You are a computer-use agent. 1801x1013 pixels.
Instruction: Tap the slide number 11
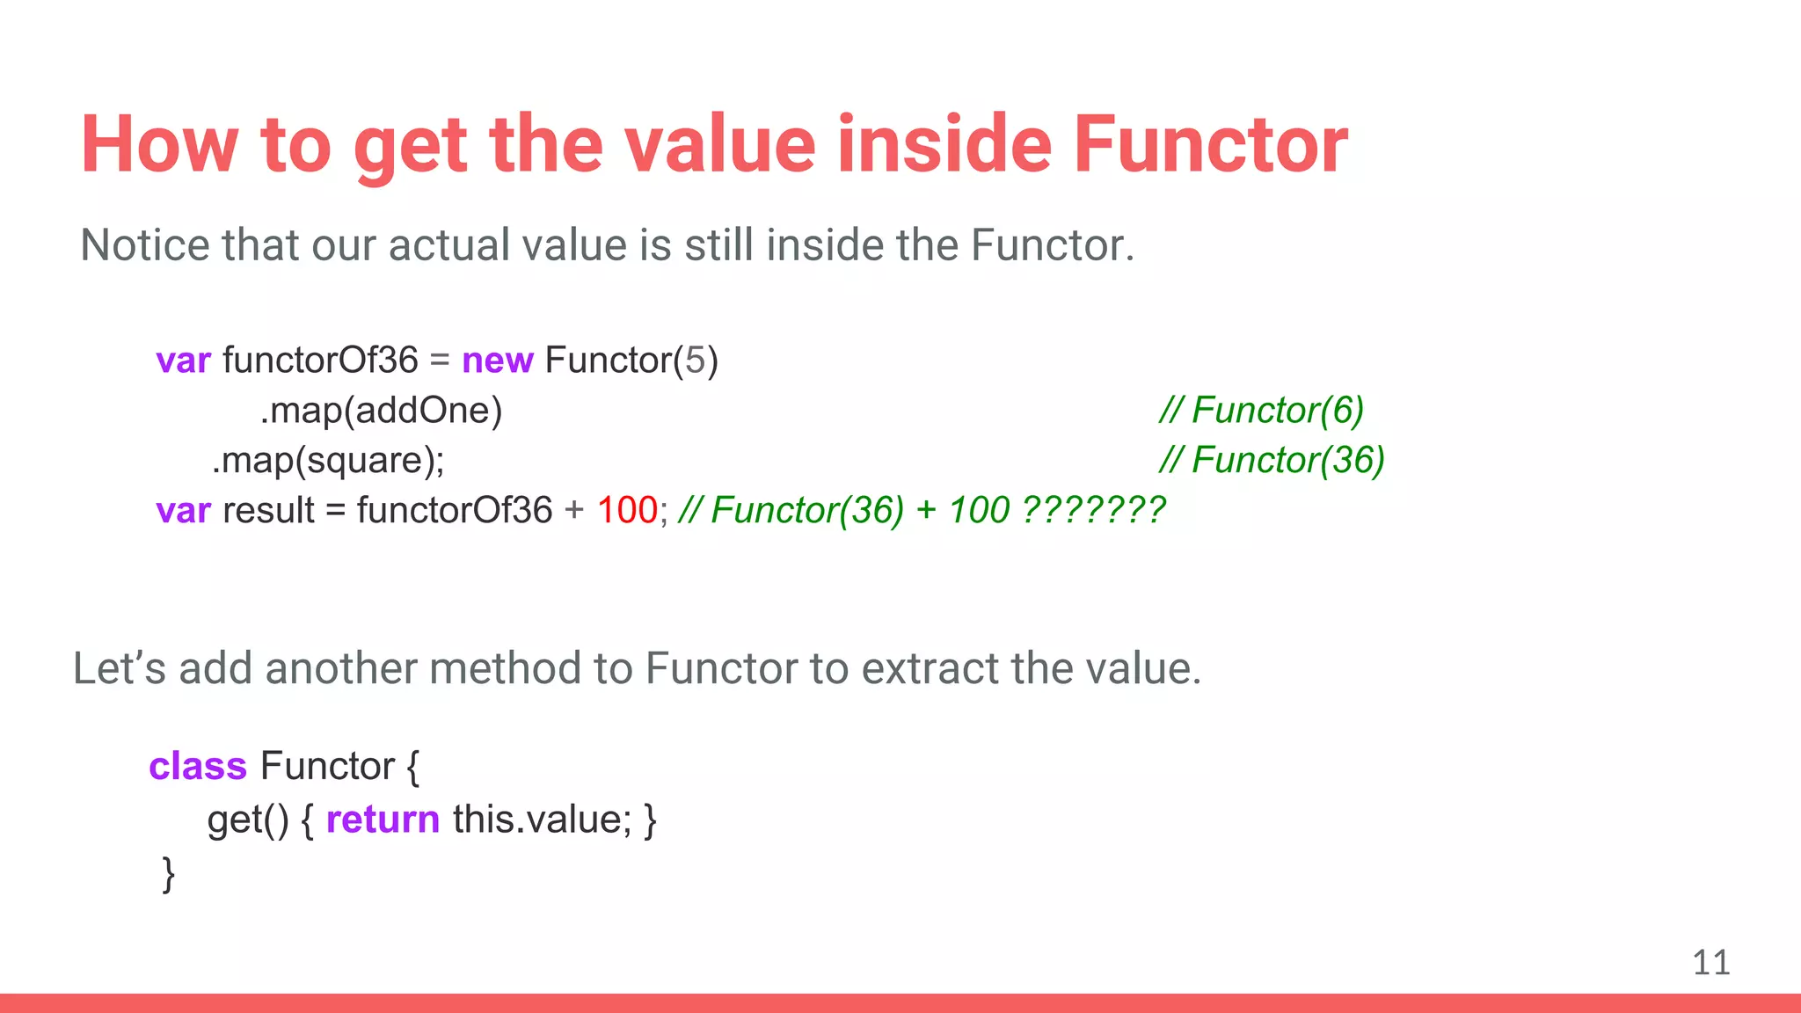coord(1710,963)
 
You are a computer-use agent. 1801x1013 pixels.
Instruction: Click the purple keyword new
coord(497,361)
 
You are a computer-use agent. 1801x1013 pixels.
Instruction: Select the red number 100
coord(626,511)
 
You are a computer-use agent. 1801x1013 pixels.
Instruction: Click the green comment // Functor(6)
coord(1261,411)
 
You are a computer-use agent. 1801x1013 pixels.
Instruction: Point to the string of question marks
coord(1094,511)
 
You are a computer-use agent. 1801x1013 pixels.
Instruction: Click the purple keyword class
coord(197,767)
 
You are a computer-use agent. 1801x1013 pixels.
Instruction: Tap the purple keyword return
coord(383,820)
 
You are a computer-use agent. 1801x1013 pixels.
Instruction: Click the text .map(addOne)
coord(381,411)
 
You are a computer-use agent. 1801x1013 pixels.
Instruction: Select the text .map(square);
coord(328,461)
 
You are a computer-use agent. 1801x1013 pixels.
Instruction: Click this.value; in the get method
coord(542,820)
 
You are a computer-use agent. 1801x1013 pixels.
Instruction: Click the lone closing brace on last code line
coord(168,875)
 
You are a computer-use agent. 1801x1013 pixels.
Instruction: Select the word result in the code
coord(268,511)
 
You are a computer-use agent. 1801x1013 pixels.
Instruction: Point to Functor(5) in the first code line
coord(631,361)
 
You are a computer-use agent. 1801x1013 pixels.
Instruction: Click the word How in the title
coord(160,145)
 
